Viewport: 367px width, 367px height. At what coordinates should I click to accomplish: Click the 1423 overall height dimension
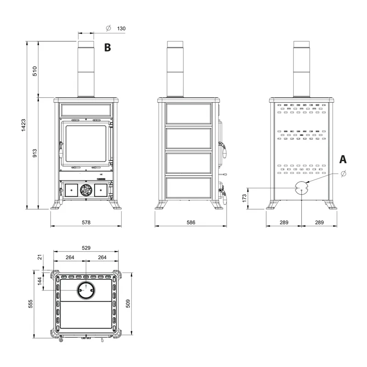tap(24, 125)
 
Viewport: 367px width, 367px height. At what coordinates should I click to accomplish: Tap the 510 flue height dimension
tap(35, 71)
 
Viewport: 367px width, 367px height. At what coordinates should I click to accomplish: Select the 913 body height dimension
tap(35, 153)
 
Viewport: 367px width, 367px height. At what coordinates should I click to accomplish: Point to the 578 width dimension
tap(86, 222)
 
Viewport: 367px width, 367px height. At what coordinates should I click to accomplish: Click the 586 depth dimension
tap(191, 222)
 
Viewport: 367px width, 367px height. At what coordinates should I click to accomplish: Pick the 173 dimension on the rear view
tap(245, 198)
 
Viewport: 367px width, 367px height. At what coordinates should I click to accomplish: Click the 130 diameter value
tap(121, 28)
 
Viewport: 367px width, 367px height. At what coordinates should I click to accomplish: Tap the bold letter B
tap(107, 48)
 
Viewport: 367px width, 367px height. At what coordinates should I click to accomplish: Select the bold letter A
tap(343, 159)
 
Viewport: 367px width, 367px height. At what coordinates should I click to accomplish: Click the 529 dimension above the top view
tap(86, 248)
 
